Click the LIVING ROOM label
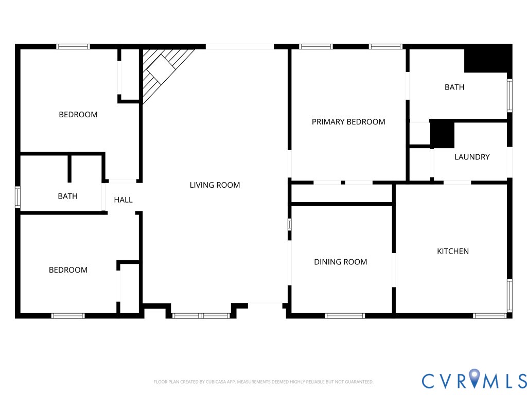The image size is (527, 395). coord(215,185)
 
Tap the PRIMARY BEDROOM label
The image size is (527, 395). coord(348,122)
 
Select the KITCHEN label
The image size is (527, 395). coord(453,251)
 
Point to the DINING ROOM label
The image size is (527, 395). coord(341,262)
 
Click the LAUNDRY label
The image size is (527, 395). coord(472,157)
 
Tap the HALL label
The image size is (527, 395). coord(123,200)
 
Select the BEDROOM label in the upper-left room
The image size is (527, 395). coord(78,115)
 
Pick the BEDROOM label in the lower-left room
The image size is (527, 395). coord(68,270)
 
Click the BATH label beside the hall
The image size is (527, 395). coord(67,196)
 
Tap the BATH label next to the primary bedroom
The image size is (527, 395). coord(454,87)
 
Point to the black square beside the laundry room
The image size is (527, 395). coord(442,134)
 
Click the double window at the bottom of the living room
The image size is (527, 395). coord(201,316)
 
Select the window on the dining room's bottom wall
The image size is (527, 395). coord(345,316)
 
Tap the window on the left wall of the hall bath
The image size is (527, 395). coord(17,197)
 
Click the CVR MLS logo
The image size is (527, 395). coord(474,379)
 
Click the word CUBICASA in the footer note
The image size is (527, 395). coord(216,382)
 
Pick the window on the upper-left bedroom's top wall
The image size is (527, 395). coord(73,47)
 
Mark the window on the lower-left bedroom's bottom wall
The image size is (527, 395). coord(68,316)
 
